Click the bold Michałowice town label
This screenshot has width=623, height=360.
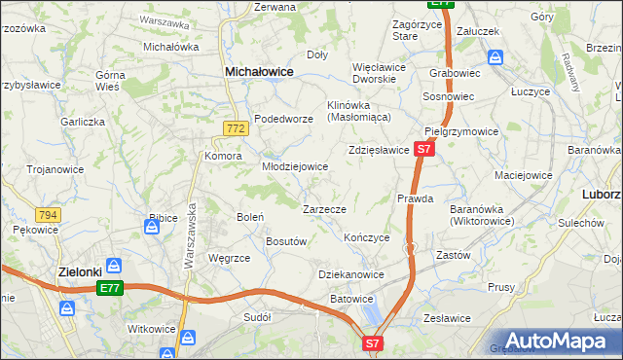tap(260, 71)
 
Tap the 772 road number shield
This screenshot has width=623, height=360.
tap(234, 127)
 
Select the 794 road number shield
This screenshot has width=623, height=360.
tap(47, 214)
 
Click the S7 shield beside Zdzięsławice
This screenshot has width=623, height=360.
tap(422, 149)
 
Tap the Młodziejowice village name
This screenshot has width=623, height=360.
tap(294, 166)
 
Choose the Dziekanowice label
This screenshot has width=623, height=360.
tap(350, 274)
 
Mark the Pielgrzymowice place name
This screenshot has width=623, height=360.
tap(461, 131)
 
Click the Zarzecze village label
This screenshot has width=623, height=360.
tap(324, 208)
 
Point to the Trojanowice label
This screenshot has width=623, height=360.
tap(55, 168)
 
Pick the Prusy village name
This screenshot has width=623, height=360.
tap(501, 287)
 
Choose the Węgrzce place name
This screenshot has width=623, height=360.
tap(230, 258)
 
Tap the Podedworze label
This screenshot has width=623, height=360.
tap(282, 119)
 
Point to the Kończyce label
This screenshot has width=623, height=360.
tap(367, 237)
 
